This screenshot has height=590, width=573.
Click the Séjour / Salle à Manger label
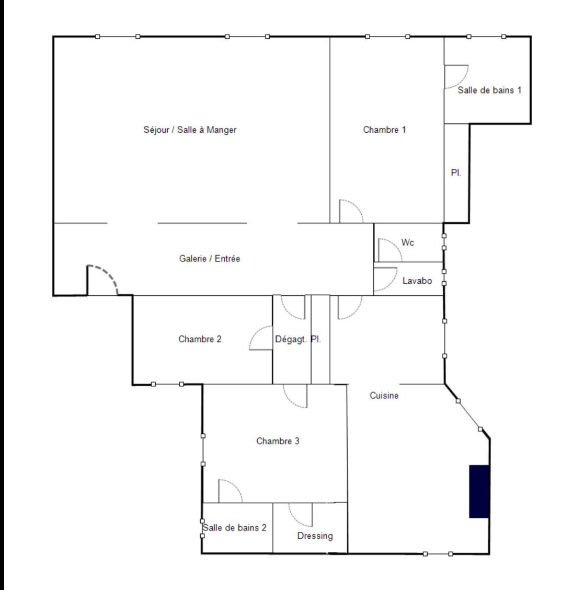[x=190, y=130]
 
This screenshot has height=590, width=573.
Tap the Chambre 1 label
[x=384, y=130]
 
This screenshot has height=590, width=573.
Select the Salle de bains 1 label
[x=489, y=90]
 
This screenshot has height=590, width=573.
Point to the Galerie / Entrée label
[x=209, y=259]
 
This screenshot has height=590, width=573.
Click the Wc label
[x=408, y=242]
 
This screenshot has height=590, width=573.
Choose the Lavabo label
[x=417, y=281]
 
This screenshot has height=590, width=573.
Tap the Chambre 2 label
[x=200, y=339]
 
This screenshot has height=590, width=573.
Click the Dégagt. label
[x=291, y=339]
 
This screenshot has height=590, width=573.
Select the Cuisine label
[x=384, y=396]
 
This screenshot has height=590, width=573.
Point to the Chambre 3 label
[x=278, y=441]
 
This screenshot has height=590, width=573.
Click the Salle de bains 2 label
[x=235, y=527]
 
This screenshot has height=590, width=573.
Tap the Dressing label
[x=315, y=536]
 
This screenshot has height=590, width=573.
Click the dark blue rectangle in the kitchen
[x=479, y=491]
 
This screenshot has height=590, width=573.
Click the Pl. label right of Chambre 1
[x=456, y=172]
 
